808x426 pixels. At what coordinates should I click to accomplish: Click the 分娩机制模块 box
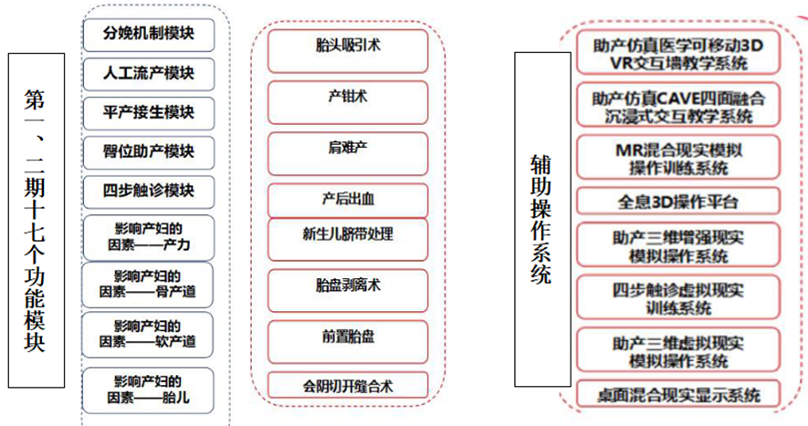pos(149,35)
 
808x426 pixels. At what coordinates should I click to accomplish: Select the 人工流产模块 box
pos(149,74)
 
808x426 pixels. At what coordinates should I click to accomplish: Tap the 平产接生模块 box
pos(149,113)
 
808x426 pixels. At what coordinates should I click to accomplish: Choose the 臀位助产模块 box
pos(149,152)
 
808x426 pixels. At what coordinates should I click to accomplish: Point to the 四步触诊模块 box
pos(149,192)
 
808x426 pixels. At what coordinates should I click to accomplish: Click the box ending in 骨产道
pos(147,286)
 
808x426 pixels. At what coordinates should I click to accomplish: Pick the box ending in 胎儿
pos(147,390)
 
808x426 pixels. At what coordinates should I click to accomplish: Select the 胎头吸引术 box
pos(348,51)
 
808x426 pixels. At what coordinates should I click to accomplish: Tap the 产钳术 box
pos(348,102)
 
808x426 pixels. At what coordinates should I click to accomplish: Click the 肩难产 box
pos(348,153)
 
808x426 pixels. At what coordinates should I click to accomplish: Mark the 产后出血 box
pos(348,201)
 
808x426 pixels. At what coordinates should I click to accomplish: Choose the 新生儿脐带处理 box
pos(348,239)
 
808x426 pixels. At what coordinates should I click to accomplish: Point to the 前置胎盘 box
pos(348,342)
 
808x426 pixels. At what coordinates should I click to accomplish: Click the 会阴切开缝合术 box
pos(348,385)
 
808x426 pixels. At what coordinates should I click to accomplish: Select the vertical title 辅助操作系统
pos(542,220)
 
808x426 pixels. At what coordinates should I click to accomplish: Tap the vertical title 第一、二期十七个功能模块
pos(37,221)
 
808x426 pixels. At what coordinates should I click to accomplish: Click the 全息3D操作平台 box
pos(678,201)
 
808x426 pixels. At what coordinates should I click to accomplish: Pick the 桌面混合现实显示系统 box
pos(678,394)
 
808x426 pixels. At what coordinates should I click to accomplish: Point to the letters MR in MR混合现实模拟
pos(629,151)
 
